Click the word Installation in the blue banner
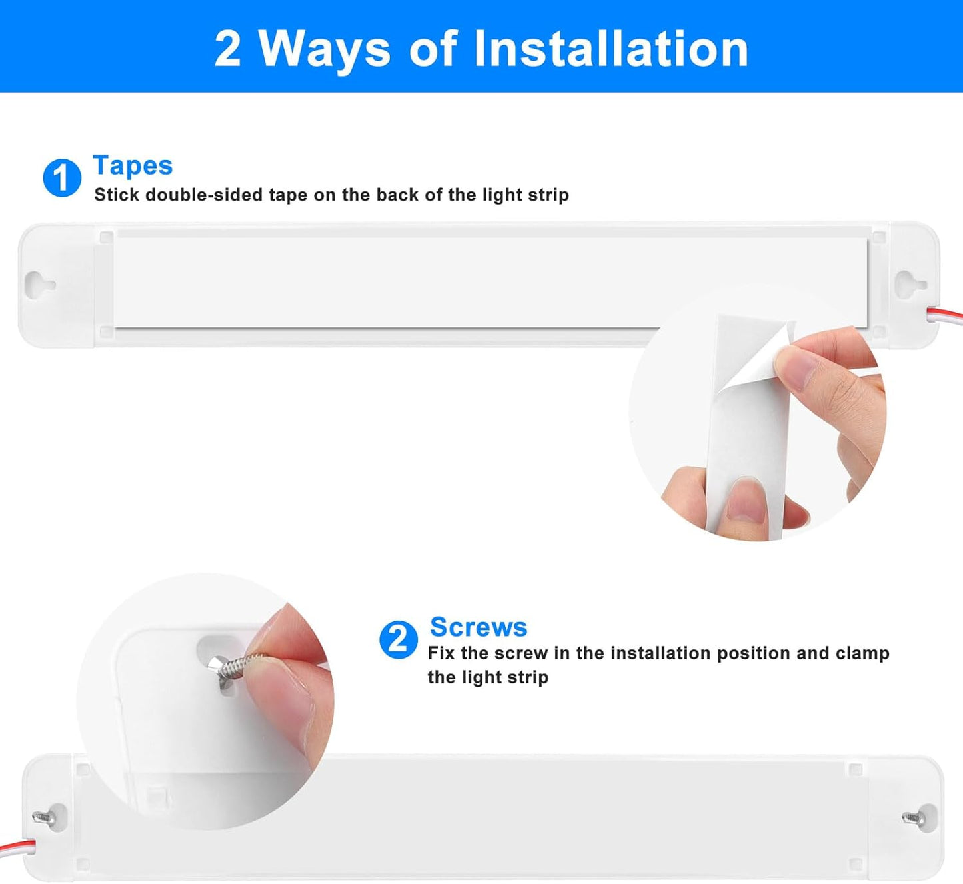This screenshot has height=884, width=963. [611, 49]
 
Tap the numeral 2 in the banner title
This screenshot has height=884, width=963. [227, 49]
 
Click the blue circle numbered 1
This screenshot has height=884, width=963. [62, 178]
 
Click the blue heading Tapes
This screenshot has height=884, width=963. [133, 166]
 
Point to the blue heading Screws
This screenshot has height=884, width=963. [479, 627]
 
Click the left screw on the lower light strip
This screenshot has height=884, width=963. [43, 818]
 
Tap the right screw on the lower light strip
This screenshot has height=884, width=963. [912, 818]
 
